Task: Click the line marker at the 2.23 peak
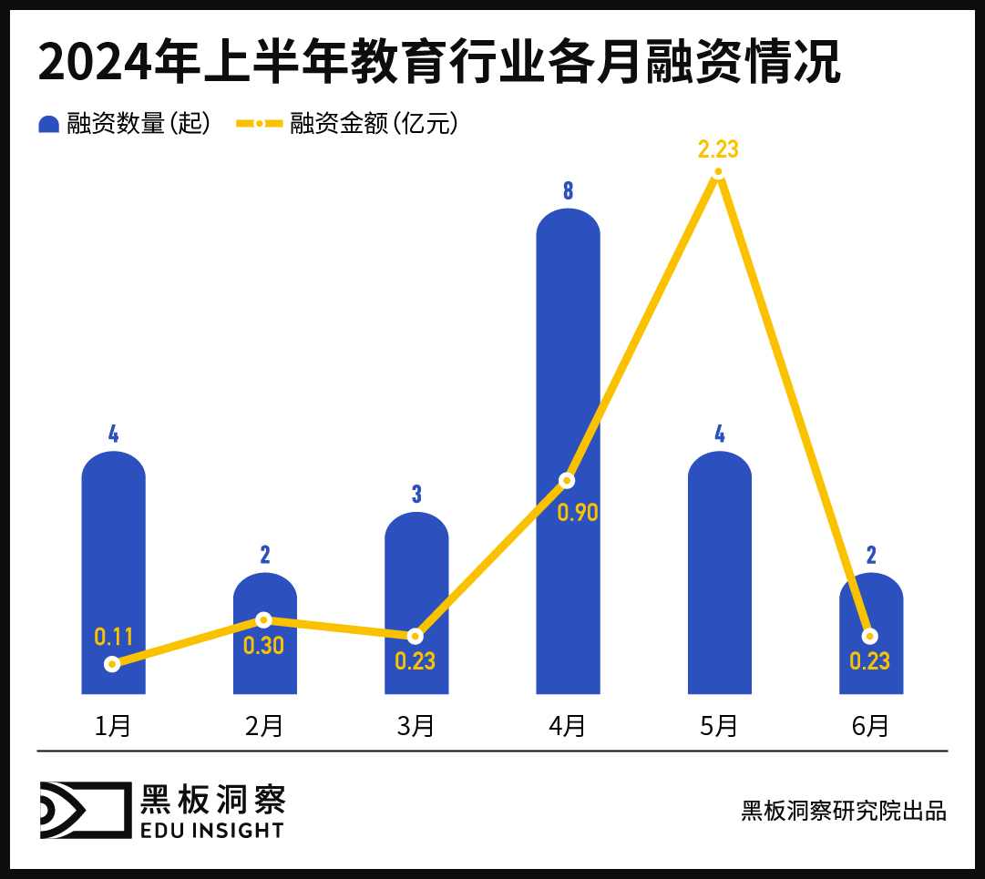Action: pyautogui.click(x=719, y=172)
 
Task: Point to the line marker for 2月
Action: pyautogui.click(x=264, y=619)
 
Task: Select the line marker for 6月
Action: pyautogui.click(x=870, y=635)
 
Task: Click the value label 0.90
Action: pyautogui.click(x=578, y=512)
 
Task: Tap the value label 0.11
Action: pyautogui.click(x=114, y=637)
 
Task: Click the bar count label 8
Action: pyautogui.click(x=568, y=191)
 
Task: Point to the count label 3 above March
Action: pyautogui.click(x=416, y=495)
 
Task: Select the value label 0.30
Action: pyautogui.click(x=263, y=646)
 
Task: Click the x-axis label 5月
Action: pyautogui.click(x=719, y=726)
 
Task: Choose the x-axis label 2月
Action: pyautogui.click(x=264, y=726)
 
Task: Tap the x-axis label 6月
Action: pyautogui.click(x=870, y=726)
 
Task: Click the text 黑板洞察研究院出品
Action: pyautogui.click(x=844, y=811)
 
